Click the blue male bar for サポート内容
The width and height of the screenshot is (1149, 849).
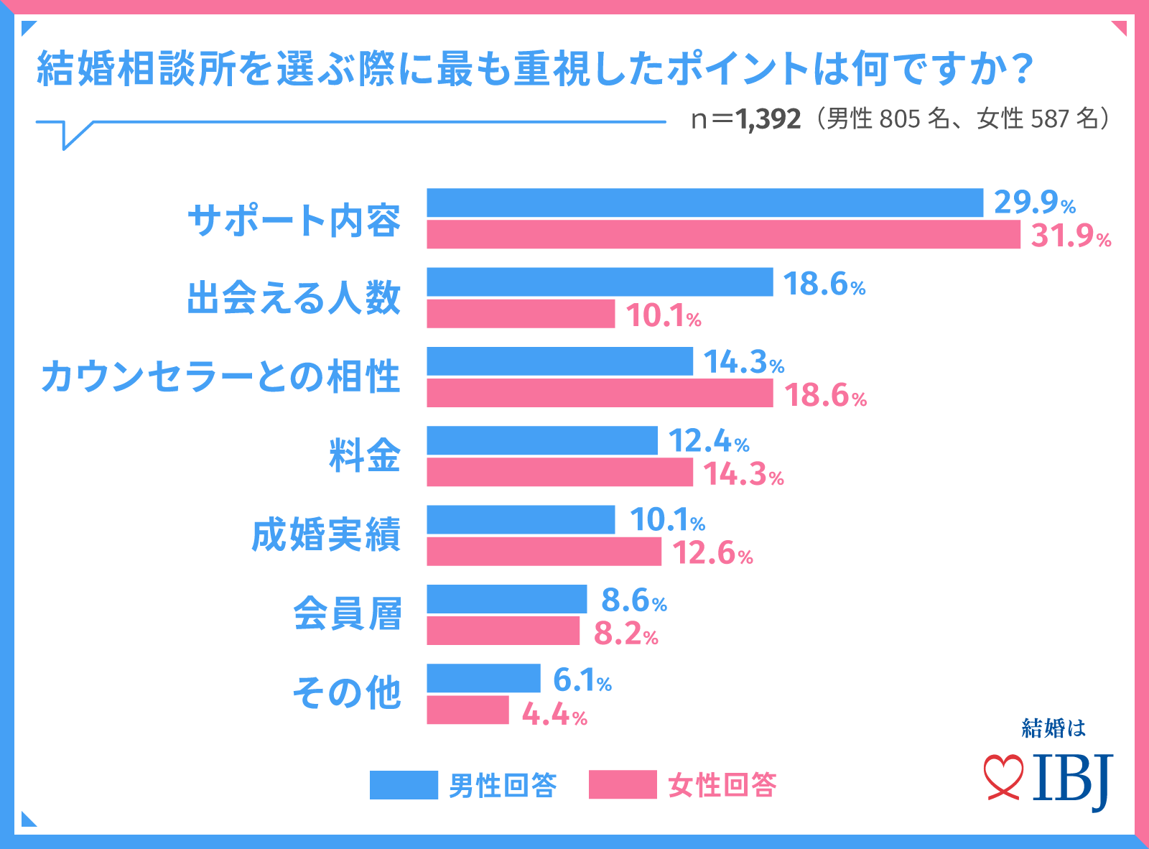click(x=704, y=203)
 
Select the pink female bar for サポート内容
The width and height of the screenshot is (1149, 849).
click(x=723, y=235)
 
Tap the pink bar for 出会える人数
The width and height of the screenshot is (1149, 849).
click(x=521, y=314)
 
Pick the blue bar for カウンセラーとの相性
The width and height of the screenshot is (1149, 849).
click(x=559, y=361)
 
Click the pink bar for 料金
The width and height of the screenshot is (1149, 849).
click(x=559, y=473)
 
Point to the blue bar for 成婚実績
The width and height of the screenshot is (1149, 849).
click(x=521, y=520)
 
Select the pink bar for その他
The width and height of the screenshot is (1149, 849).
click(x=467, y=710)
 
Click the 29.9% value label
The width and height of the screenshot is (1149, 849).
click(x=1034, y=203)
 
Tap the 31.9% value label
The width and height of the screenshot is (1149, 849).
click(x=1071, y=236)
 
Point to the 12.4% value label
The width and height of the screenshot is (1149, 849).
click(x=708, y=441)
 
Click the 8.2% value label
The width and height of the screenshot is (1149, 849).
click(x=625, y=634)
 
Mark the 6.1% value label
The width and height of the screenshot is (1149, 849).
click(x=582, y=679)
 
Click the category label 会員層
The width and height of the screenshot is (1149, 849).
click(x=347, y=614)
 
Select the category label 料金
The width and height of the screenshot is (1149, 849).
click(x=364, y=455)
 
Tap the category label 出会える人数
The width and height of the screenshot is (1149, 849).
click(x=293, y=297)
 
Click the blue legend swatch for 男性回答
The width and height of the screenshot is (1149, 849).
click(x=404, y=785)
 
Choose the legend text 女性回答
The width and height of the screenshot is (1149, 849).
click(x=722, y=785)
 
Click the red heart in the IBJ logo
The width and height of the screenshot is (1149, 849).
click(x=1003, y=776)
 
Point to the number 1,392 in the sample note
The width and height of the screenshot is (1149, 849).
click(x=768, y=119)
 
